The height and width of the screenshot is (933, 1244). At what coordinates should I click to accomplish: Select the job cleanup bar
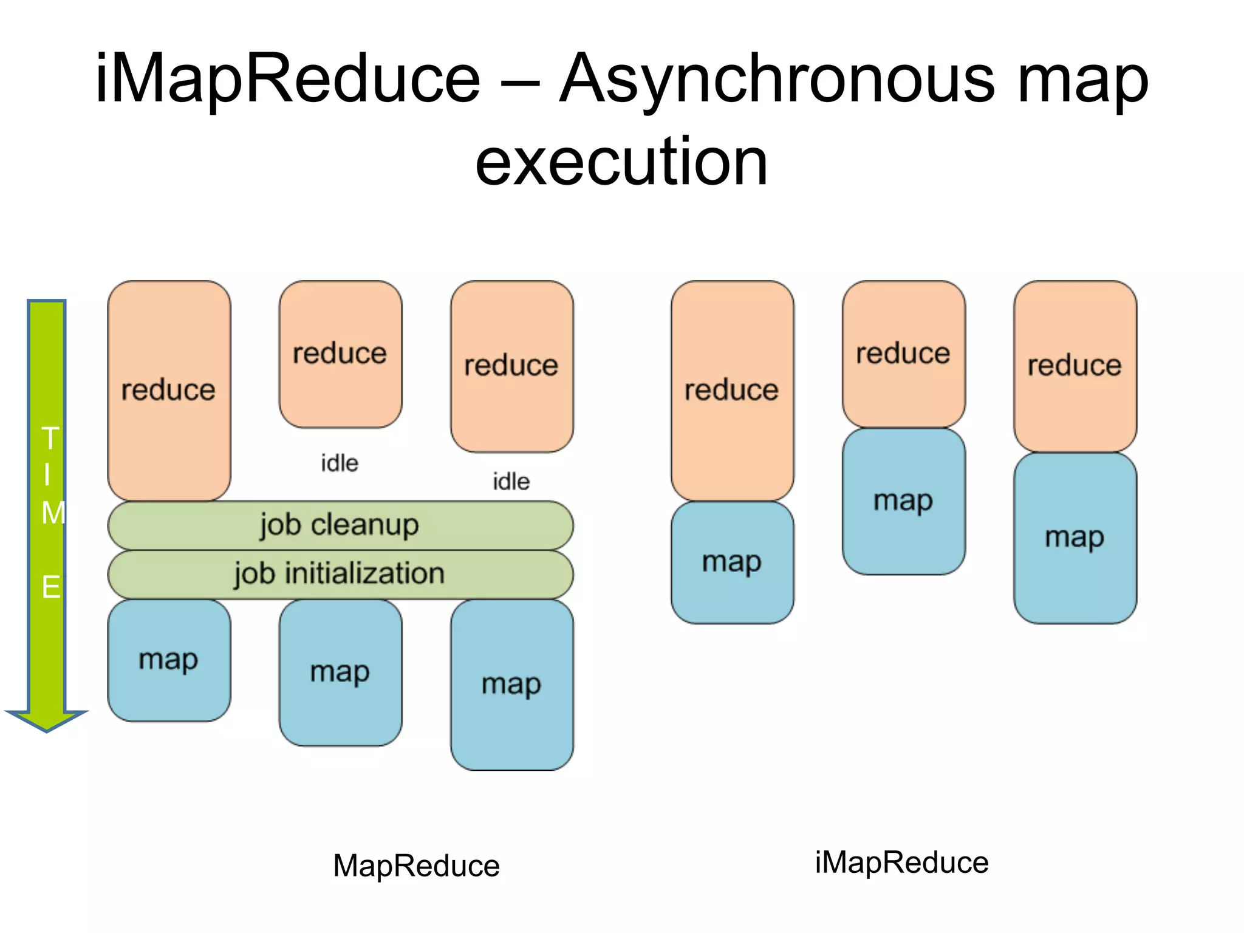[340, 525]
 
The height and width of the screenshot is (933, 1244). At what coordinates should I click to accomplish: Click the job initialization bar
[340, 574]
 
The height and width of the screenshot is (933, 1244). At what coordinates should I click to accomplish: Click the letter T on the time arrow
[50, 438]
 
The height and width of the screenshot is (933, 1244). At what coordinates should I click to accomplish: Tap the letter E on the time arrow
[50, 587]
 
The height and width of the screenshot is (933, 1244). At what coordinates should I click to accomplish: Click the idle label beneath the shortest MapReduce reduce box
[340, 463]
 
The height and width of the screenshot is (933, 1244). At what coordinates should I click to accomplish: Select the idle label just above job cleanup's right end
[511, 482]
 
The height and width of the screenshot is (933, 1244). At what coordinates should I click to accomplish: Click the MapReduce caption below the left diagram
[416, 865]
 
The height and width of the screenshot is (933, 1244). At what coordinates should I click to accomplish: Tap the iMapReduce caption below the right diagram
[901, 862]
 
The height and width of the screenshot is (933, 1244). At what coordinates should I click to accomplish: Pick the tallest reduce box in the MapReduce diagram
[169, 390]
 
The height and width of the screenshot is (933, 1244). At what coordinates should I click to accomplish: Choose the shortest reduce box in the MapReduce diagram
[340, 354]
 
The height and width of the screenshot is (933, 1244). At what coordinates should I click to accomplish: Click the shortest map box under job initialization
[169, 660]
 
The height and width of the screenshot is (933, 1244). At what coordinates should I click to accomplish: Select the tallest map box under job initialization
[511, 685]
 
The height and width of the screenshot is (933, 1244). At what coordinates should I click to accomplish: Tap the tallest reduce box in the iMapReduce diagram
[732, 390]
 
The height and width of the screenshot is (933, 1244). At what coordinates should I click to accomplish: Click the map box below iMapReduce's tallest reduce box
[732, 562]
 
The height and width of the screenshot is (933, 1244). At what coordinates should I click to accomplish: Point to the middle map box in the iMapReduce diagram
[903, 501]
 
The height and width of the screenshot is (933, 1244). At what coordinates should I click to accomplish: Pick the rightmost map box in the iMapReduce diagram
[1075, 538]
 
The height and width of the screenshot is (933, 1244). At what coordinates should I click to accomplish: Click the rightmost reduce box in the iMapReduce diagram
[1075, 366]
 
